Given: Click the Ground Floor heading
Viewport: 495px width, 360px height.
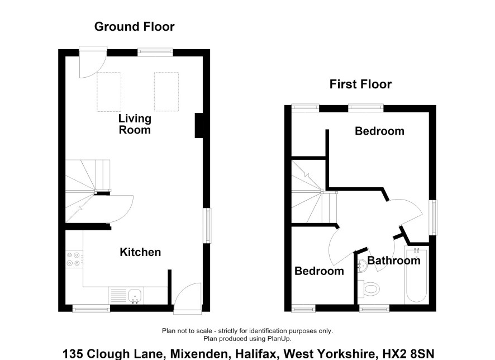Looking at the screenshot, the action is (134, 26).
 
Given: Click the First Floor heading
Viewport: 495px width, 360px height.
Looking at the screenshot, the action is (360, 84).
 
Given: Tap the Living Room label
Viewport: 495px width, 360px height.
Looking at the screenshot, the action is (135, 124).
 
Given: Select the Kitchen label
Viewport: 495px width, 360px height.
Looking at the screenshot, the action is (140, 252).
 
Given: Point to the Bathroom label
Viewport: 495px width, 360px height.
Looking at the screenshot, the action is (394, 260).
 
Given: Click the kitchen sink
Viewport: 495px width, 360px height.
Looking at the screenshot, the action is (136, 296).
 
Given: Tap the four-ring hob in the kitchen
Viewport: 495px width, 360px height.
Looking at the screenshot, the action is (74, 259).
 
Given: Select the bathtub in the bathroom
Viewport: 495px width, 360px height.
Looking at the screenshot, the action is (416, 275).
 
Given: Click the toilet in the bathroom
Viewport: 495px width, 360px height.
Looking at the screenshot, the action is (369, 288).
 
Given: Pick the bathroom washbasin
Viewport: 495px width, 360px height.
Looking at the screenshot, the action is (363, 266).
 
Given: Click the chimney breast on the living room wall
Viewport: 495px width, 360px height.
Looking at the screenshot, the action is (198, 126).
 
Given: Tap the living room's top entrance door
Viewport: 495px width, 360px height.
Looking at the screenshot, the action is (93, 62).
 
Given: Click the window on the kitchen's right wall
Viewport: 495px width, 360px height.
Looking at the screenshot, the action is (207, 225).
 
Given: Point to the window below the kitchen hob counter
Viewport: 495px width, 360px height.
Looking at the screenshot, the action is (91, 308).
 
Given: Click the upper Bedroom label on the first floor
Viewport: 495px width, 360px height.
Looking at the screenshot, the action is (379, 131).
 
